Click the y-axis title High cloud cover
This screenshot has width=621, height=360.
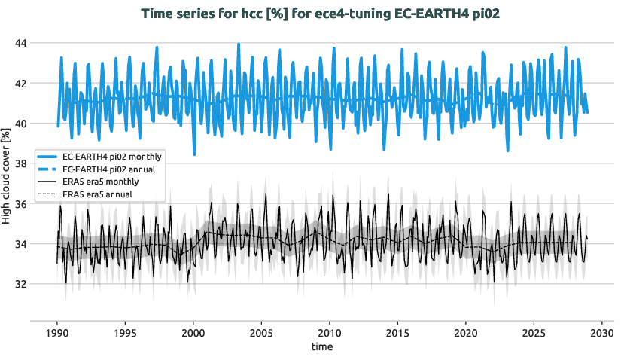(7, 178)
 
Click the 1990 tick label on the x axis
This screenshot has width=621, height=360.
(57, 333)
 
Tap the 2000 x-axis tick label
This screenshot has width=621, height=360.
(193, 333)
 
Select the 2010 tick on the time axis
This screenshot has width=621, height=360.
(329, 333)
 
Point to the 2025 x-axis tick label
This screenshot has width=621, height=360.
(533, 333)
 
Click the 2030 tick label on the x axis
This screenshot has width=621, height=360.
(601, 333)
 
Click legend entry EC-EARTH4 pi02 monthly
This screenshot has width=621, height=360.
(113, 156)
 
